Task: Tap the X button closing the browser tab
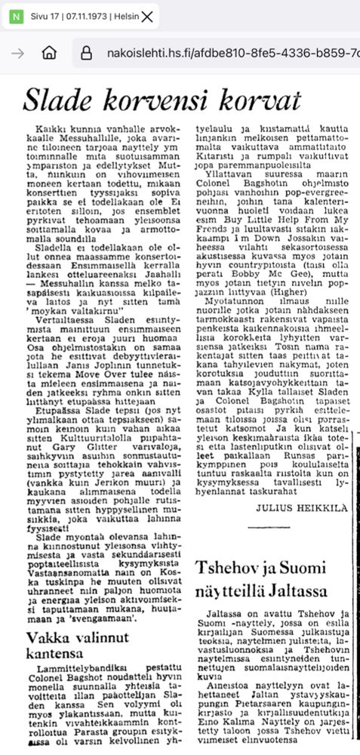coord(147,16)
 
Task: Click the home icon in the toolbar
coord(49,53)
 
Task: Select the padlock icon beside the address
coord(86,53)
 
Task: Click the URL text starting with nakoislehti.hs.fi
coord(226,53)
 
